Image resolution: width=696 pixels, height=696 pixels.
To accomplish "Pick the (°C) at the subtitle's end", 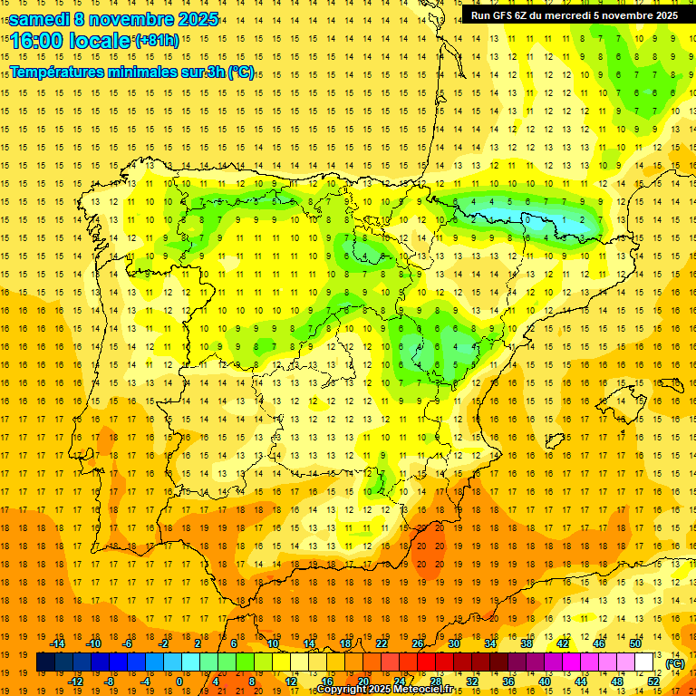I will tap(241, 72).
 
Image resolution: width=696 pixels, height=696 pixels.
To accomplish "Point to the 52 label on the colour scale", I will tap(653, 681).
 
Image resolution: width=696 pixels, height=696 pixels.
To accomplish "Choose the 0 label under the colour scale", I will tap(179, 681).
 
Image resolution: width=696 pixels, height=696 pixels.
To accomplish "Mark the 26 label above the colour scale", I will tap(418, 643).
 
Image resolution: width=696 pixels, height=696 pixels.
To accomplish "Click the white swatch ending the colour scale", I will tap(644, 662).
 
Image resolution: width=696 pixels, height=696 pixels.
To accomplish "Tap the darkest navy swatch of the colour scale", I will tap(46, 662).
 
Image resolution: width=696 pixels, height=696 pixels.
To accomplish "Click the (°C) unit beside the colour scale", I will tap(675, 663).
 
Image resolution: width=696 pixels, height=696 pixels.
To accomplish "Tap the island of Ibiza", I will tap(555, 441).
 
